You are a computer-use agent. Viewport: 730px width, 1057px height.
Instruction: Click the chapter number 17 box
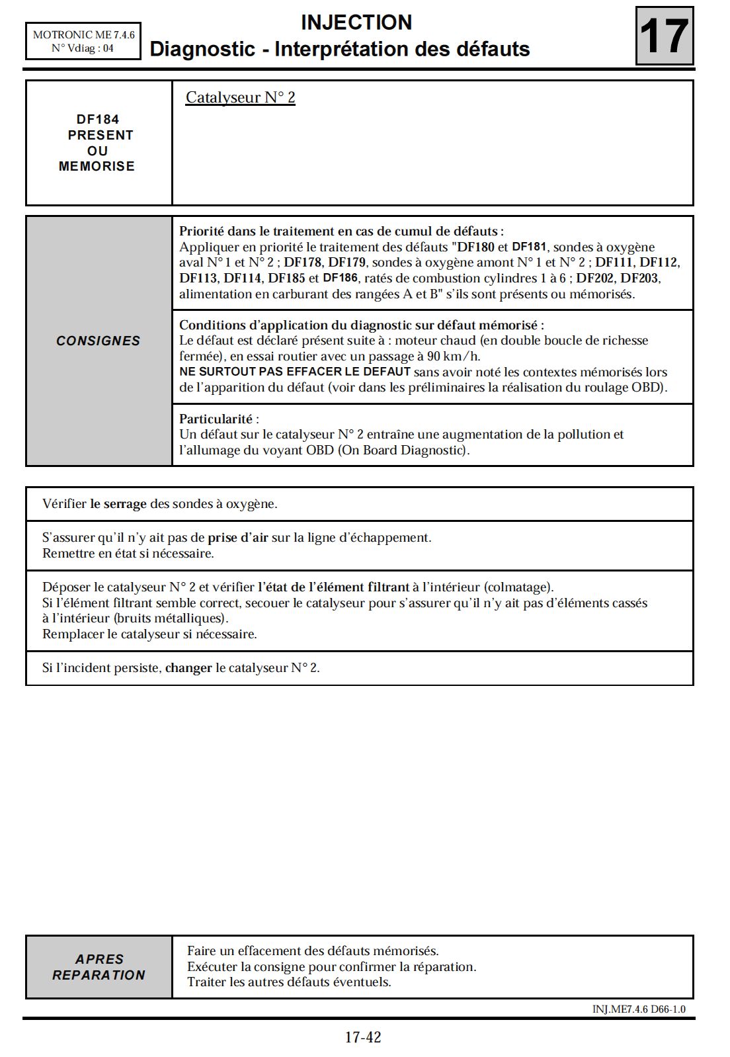click(x=665, y=36)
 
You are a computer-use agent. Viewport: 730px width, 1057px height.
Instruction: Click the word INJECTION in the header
click(x=356, y=22)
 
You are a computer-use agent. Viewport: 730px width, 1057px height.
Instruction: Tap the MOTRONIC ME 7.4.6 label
click(x=83, y=34)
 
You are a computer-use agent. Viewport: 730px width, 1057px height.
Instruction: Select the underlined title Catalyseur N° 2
click(x=240, y=98)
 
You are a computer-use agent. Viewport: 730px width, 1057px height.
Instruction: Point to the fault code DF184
click(x=98, y=120)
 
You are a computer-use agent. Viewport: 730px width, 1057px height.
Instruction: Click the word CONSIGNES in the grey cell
click(x=98, y=341)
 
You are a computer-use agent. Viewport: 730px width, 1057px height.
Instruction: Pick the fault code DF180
click(x=476, y=247)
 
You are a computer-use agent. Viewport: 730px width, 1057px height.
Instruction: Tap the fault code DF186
click(x=340, y=278)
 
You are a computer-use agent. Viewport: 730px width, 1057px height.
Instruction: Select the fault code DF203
click(x=640, y=278)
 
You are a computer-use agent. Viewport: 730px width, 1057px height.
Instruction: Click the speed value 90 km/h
click(x=454, y=357)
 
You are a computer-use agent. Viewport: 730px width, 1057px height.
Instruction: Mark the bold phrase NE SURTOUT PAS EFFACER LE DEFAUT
click(x=295, y=372)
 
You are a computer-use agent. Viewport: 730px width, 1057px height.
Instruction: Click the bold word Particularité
click(x=216, y=419)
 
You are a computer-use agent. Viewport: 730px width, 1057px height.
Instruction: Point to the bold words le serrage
click(x=118, y=504)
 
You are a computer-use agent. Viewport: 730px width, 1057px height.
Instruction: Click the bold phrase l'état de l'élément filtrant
click(x=333, y=587)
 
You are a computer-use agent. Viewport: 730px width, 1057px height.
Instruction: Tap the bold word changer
click(x=188, y=668)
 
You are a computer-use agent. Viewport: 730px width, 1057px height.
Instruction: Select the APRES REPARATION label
click(x=99, y=966)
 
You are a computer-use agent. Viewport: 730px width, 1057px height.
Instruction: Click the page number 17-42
click(x=363, y=1037)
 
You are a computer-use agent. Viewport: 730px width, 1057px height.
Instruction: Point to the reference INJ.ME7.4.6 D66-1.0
click(x=639, y=1009)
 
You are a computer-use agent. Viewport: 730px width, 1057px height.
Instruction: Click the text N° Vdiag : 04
click(x=83, y=48)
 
